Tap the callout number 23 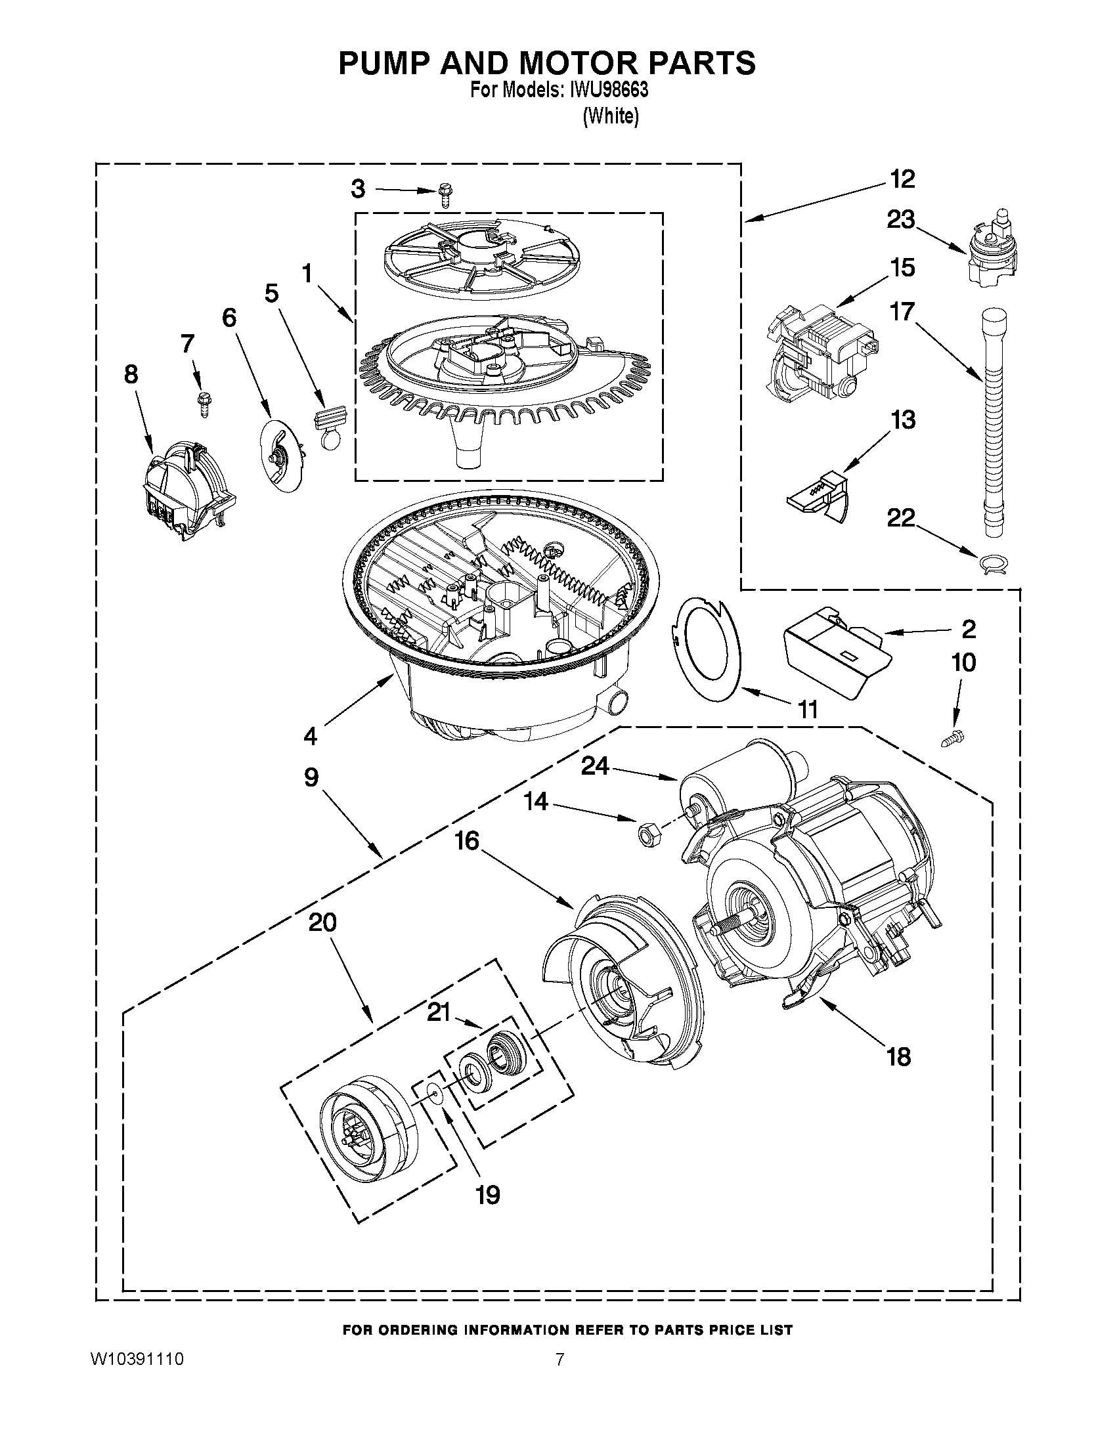(x=900, y=219)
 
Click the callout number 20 (x=322, y=922)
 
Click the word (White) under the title (x=610, y=116)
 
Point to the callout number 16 (x=466, y=841)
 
